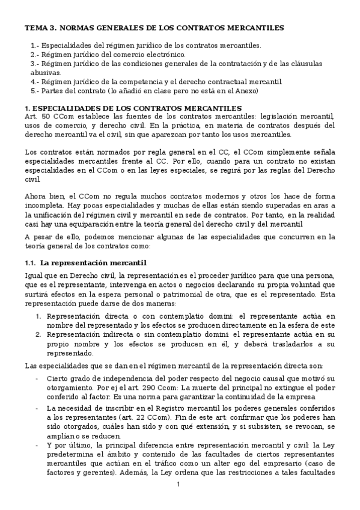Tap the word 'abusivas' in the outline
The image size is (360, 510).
(46, 72)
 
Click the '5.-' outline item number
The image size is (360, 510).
(35, 91)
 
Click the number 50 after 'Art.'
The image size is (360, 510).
(44, 116)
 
